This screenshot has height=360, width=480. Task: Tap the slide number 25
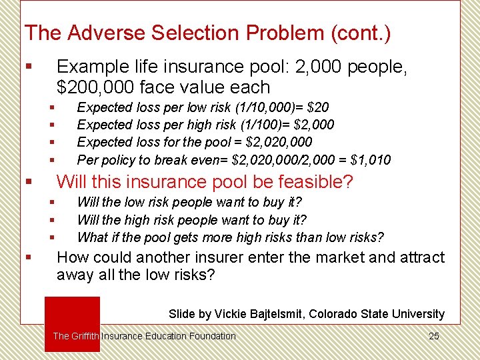pyautogui.click(x=433, y=336)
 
